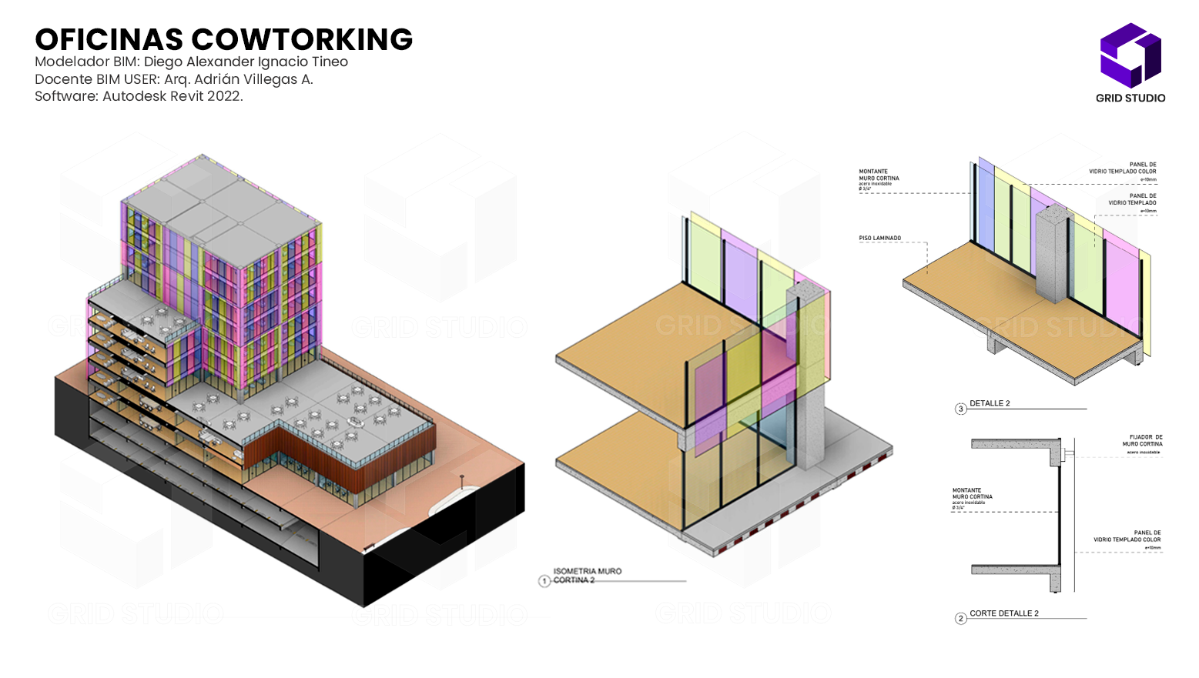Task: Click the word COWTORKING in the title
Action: [302, 39]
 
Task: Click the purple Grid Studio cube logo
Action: [1130, 55]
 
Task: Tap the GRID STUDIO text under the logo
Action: [1130, 98]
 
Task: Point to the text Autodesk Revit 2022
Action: [172, 96]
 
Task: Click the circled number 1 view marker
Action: [544, 581]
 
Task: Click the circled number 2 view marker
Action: [960, 618]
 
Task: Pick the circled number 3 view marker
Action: [960, 409]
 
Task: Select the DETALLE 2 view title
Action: [990, 403]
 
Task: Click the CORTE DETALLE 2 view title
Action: [1003, 613]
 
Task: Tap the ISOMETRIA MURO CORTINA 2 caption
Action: [587, 576]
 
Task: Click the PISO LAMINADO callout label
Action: [879, 239]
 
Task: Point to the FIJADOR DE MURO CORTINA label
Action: [1142, 440]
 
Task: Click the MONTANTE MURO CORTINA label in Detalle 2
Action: [879, 175]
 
